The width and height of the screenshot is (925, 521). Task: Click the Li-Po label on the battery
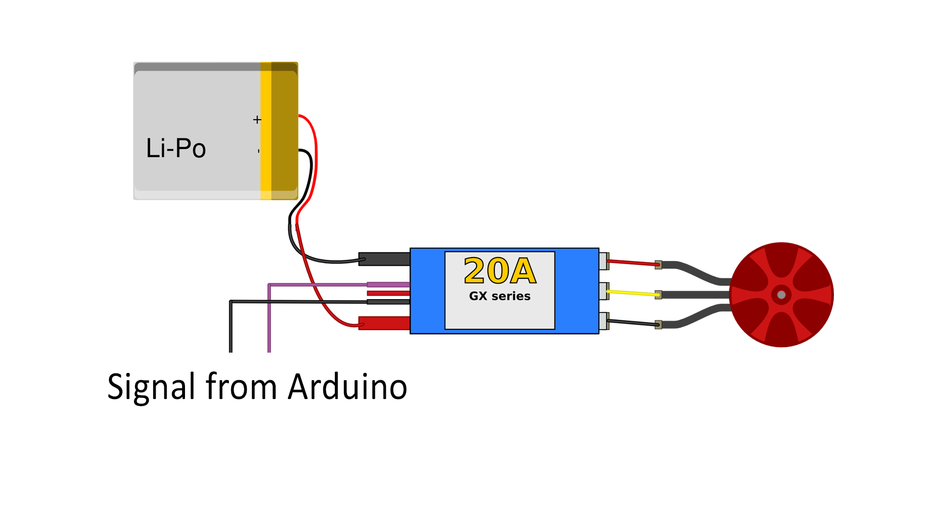176,148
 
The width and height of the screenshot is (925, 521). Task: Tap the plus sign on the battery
257,120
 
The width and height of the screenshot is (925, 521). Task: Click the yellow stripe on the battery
266,130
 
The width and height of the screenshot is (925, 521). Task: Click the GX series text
500,296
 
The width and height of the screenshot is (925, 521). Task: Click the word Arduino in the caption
347,387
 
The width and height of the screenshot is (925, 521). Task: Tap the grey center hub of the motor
781,295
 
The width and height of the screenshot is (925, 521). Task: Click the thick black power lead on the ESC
384,259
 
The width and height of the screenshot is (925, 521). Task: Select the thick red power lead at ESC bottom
384,323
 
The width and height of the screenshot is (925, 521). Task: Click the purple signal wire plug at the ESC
388,285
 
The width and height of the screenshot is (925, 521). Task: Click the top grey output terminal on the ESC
604,261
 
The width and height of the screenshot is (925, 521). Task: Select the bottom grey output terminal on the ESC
604,321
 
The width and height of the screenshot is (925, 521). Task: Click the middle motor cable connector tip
658,295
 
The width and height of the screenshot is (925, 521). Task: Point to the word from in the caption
241,387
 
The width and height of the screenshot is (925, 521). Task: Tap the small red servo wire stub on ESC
388,293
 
